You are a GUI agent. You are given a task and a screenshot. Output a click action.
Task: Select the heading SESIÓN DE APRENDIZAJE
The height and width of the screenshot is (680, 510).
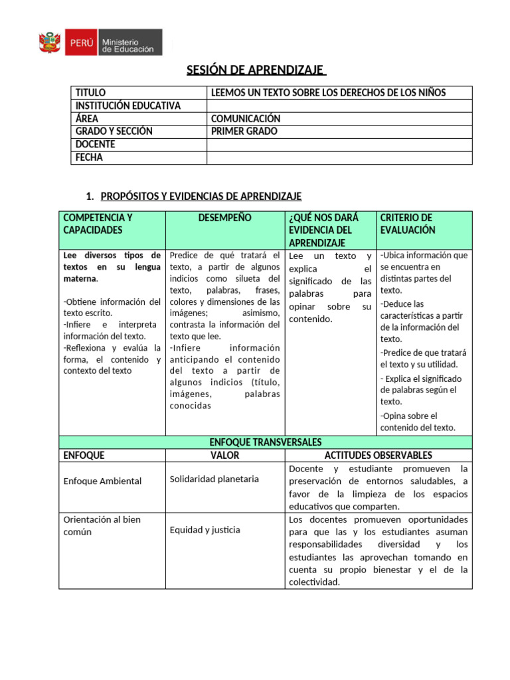coord(254,70)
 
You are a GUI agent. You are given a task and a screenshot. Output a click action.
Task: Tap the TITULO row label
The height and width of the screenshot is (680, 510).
coord(90,93)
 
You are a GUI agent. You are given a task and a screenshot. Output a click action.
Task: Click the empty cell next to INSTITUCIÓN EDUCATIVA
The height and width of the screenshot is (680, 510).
coord(339,106)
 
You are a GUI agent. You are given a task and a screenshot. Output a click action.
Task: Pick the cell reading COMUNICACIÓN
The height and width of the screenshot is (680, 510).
coord(245,119)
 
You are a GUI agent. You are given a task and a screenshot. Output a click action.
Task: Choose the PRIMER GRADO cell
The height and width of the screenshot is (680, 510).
coord(244,131)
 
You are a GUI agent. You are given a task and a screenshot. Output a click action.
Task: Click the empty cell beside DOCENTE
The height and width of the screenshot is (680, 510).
coord(339,145)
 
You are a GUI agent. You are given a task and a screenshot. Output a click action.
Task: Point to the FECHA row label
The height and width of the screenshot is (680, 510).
coord(90,157)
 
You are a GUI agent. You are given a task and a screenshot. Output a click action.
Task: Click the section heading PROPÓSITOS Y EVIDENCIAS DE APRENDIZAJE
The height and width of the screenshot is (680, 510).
coord(201,196)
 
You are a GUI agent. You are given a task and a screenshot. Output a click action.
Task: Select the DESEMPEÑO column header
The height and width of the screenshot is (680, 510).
coord(224,218)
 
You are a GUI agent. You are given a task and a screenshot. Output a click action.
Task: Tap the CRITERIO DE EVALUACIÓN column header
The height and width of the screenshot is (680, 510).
coord(406,224)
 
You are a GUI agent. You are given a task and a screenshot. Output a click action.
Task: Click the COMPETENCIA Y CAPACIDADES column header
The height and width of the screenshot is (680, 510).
coord(98,224)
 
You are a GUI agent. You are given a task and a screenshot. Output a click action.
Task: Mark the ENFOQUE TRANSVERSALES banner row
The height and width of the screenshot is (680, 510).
coord(266,442)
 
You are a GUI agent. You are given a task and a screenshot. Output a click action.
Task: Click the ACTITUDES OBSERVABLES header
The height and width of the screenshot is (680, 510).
coord(378,456)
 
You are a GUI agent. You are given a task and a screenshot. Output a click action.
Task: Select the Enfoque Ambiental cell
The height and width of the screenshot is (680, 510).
coord(102,481)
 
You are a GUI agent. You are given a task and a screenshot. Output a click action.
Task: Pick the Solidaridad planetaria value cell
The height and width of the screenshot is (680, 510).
coord(214,479)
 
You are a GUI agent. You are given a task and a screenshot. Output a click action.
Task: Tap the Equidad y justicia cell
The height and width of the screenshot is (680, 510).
coord(205,530)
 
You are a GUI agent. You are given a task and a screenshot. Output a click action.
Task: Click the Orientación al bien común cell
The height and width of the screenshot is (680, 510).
coord(102,525)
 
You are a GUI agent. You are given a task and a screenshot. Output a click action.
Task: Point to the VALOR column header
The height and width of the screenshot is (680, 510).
coord(224,456)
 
